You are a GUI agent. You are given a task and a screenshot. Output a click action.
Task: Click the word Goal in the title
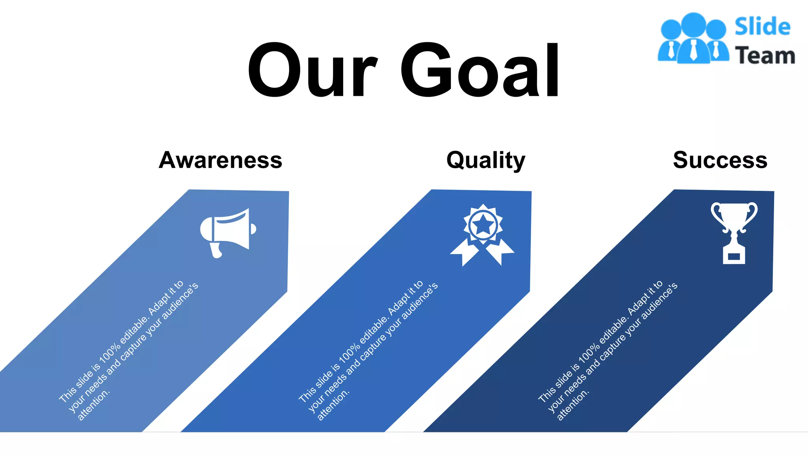(480, 70)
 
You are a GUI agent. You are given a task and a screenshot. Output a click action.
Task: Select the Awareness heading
(221, 160)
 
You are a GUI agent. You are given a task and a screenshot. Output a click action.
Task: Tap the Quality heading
(486, 160)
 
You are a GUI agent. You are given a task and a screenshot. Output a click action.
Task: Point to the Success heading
(720, 160)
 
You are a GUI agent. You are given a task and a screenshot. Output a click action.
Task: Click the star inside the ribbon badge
(483, 225)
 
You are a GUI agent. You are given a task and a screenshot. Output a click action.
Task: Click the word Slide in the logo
(762, 27)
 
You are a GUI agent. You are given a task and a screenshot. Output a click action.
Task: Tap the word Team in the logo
(765, 55)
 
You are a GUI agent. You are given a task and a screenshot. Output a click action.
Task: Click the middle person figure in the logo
(693, 39)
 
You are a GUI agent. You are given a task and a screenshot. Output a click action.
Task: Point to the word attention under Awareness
(93, 405)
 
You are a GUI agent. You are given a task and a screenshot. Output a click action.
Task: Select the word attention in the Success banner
(572, 405)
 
